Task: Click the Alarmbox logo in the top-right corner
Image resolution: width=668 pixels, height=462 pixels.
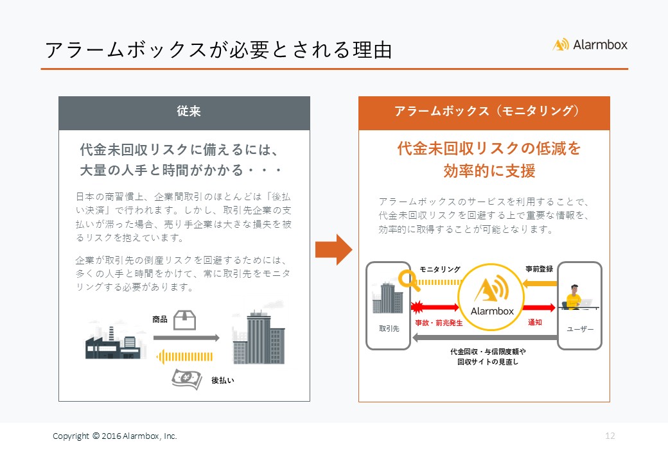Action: point(590,45)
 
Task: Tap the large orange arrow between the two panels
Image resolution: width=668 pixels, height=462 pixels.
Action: point(333,250)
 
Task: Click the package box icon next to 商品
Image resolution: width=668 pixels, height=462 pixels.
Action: point(185,320)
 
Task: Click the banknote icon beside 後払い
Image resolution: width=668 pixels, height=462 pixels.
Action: point(187,379)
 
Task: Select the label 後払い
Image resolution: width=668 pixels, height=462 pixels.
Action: point(223,381)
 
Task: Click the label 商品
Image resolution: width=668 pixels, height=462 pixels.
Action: point(160,320)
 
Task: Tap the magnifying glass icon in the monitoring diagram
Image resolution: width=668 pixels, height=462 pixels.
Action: point(409,280)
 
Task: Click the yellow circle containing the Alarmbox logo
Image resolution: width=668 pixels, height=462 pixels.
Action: point(491,297)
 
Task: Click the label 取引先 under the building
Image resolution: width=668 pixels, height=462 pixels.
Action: point(389,329)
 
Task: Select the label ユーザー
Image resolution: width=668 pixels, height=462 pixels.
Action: point(580,329)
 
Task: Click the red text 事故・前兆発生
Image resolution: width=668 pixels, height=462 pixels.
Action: point(439,323)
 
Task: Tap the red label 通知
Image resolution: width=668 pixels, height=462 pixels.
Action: point(534,323)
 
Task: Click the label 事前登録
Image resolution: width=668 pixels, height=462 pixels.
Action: point(540,269)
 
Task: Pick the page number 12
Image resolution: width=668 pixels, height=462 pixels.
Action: point(610,436)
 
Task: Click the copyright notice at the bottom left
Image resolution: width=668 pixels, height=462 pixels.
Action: point(115,436)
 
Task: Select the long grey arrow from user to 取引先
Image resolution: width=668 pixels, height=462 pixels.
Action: point(485,338)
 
